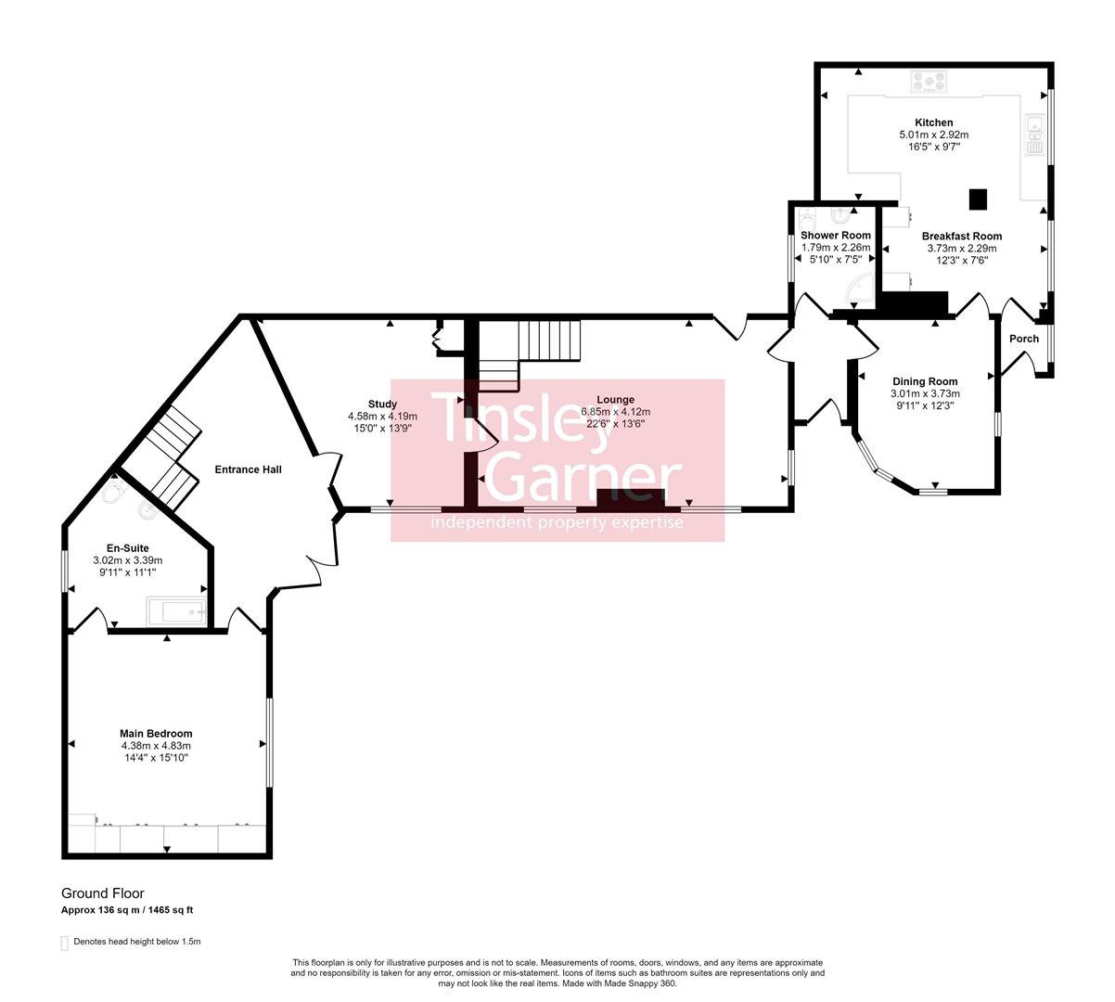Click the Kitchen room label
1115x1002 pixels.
coord(933,122)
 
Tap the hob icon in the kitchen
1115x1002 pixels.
coord(929,83)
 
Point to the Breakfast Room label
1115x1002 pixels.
coord(961,236)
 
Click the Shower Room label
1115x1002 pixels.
coord(836,236)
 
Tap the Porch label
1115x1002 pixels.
coord(1024,339)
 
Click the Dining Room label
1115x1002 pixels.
coord(925,381)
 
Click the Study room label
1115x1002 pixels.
coord(382,404)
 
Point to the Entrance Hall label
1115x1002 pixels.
coord(248,469)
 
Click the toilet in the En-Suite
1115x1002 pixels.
coord(114,493)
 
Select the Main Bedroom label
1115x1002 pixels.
coord(156,734)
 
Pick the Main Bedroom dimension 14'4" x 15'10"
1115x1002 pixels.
coord(156,758)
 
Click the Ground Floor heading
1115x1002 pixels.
coord(103,893)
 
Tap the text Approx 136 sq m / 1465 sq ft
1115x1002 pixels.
coord(127,910)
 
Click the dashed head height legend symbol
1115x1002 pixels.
coord(65,943)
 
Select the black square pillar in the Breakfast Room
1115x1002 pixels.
coord(978,198)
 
